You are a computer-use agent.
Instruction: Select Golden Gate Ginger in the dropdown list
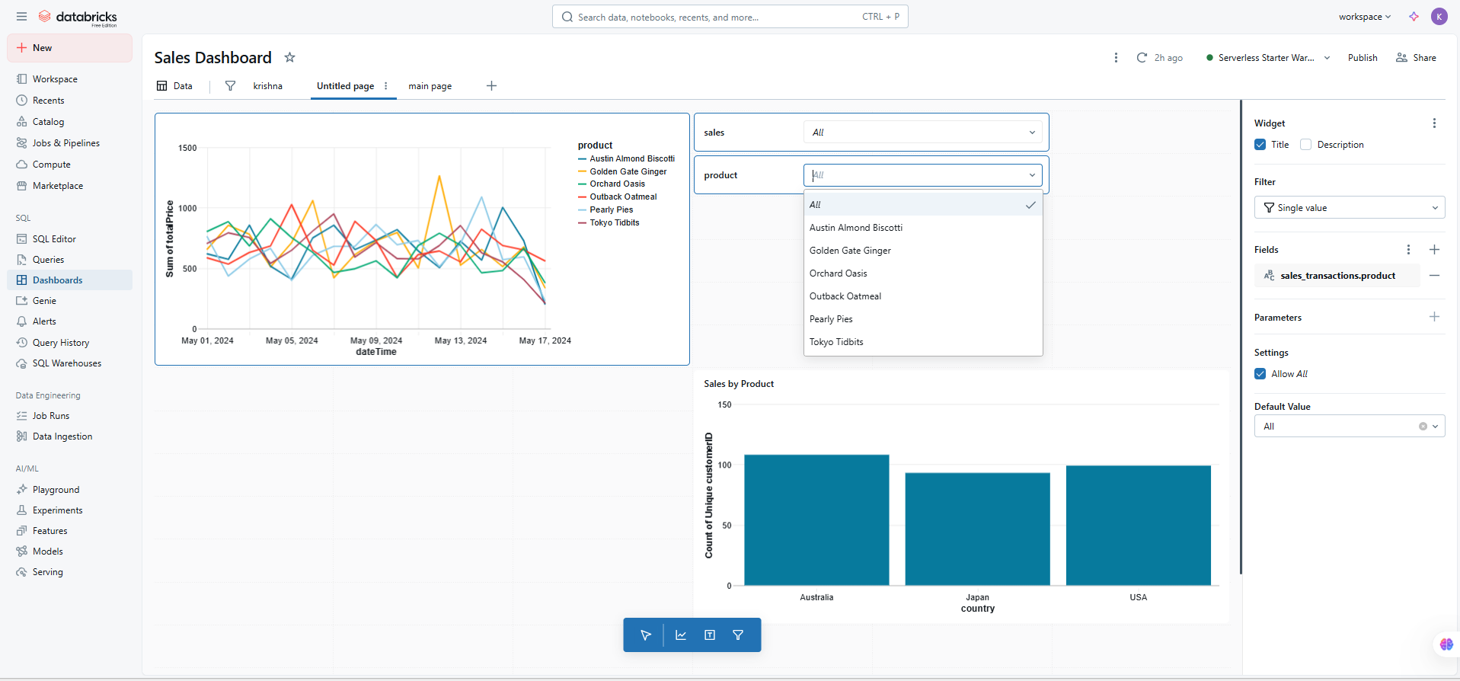coord(850,251)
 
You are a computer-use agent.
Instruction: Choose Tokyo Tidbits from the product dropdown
coord(836,342)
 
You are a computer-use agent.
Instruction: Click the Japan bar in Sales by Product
coord(977,529)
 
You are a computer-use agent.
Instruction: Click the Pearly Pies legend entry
coord(611,210)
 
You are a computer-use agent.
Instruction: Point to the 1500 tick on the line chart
coord(187,149)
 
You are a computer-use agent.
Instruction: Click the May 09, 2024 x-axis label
coord(376,340)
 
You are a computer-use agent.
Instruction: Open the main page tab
coord(430,86)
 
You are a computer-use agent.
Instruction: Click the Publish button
coord(1362,58)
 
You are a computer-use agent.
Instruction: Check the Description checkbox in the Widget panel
coord(1305,145)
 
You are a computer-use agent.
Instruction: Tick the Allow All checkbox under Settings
coord(1260,374)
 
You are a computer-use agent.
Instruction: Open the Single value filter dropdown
coord(1349,208)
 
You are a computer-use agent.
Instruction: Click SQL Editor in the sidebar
coord(54,239)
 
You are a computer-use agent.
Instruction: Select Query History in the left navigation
coord(61,343)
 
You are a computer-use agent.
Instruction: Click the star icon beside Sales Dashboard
coord(289,58)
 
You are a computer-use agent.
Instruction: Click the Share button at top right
coord(1416,58)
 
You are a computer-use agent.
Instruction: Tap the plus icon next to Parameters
coord(1434,317)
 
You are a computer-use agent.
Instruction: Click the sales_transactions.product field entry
coord(1337,276)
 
